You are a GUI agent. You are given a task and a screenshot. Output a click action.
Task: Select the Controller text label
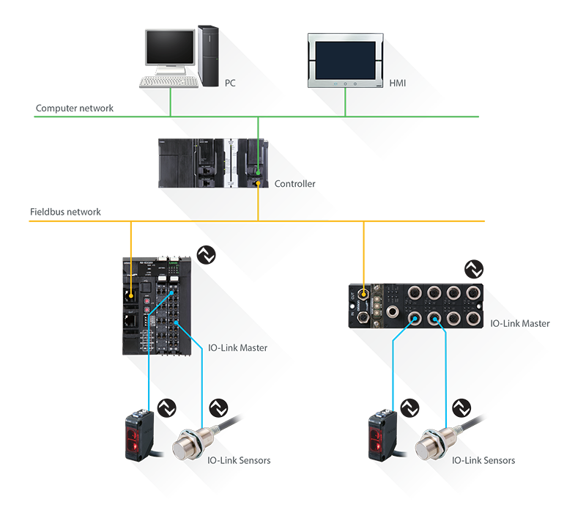294,183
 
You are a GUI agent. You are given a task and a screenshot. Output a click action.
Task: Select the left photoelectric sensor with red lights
142,435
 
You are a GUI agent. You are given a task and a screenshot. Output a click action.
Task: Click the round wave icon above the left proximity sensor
218,408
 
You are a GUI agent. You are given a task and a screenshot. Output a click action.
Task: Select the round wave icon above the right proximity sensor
462,408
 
